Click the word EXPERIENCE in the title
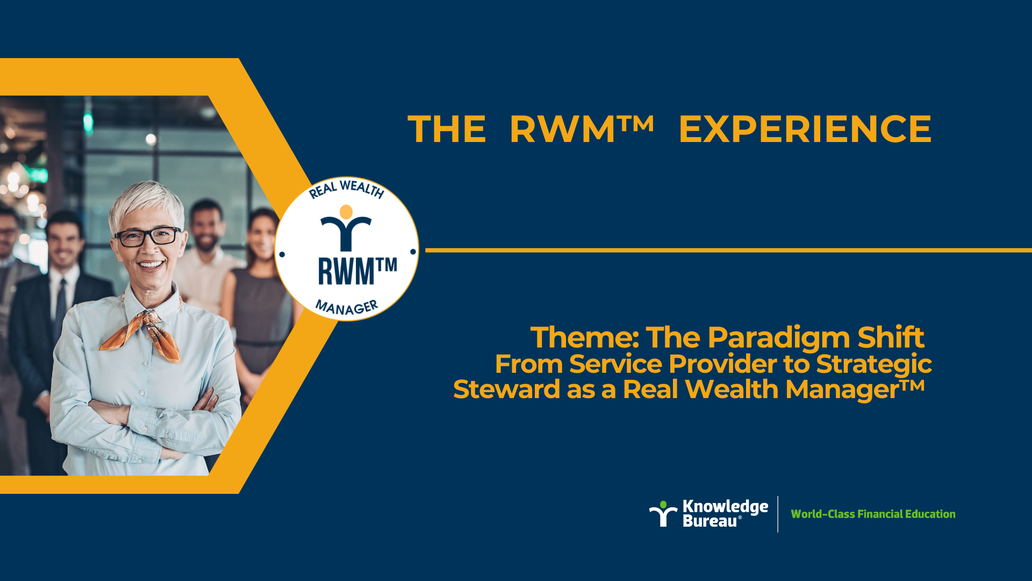pos(805,129)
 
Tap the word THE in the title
pos(447,129)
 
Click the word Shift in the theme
pos(891,337)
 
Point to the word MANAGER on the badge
pos(347,307)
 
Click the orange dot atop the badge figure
pos(346,211)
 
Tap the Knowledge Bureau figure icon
pos(663,514)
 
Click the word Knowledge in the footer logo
pos(725,507)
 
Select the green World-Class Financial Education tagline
pos(873,514)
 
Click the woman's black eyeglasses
pos(147,236)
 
